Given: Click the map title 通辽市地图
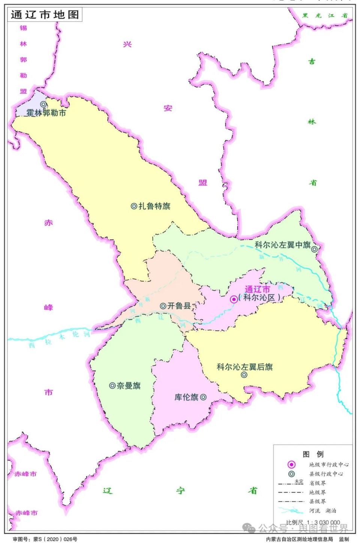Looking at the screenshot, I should tap(45, 15).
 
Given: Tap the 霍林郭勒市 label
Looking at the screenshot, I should tap(46, 112).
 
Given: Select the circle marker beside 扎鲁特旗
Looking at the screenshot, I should tap(133, 206).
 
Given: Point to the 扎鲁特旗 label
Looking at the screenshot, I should tap(154, 206).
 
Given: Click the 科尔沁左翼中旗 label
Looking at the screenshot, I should tap(283, 245).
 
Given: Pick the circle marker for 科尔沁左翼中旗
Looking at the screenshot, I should tap(315, 248).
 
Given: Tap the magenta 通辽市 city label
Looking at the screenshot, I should tap(257, 289).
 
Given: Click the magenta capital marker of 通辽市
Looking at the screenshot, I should tap(234, 299).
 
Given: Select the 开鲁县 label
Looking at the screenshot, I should tap(179, 306).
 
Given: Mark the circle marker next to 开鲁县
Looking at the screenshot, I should tap(163, 306).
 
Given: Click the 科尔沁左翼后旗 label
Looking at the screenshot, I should tap(244, 367).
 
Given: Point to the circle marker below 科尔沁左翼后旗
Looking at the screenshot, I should tap(244, 375).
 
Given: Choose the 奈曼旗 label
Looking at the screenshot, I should tap(128, 385).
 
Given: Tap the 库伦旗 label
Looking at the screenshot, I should tap(186, 397).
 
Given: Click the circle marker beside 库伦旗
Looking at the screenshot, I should tap(203, 397).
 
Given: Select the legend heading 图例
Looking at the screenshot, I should tap(313, 454).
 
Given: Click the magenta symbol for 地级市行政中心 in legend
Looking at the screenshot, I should tap(291, 465).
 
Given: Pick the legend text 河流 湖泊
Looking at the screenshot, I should tap(322, 511).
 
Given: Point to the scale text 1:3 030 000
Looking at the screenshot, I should tap(323, 522).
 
